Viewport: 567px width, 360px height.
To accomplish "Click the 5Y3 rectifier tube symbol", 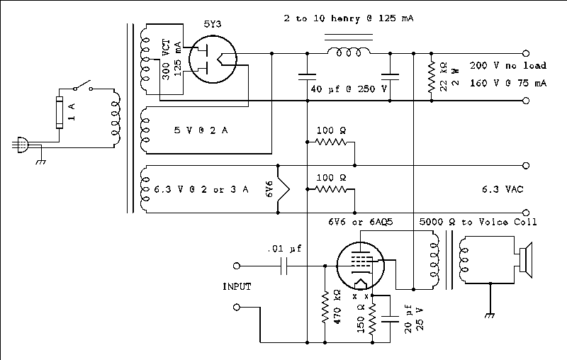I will coord(215,61).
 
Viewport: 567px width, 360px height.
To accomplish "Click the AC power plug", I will coord(21,145).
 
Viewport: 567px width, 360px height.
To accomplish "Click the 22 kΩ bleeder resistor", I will coord(430,77).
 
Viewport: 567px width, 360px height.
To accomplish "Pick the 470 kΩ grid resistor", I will coord(325,306).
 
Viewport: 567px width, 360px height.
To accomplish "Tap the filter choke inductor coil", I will coord(347,52).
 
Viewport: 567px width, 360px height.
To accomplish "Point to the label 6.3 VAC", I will coord(503,189).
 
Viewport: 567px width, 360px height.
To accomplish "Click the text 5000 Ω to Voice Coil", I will coord(478,222).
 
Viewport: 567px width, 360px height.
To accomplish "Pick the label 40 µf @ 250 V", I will coord(348,89).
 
